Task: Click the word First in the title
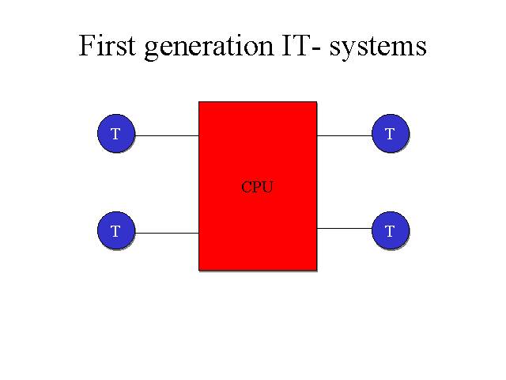click(108, 46)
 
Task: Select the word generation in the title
click(209, 48)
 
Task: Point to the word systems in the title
click(378, 49)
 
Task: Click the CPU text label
click(257, 187)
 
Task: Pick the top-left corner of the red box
click(198, 102)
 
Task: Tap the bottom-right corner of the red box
click(317, 270)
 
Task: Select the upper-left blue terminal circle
click(116, 133)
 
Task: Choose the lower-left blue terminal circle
click(116, 230)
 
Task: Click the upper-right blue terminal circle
click(391, 133)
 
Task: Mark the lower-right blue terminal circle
click(391, 230)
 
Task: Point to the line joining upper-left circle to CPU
click(167, 135)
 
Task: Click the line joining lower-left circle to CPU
click(167, 233)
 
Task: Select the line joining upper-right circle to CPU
click(345, 135)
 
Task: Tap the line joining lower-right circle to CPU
click(345, 229)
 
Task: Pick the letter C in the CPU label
click(246, 187)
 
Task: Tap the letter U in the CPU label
click(268, 187)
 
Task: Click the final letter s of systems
click(422, 49)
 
